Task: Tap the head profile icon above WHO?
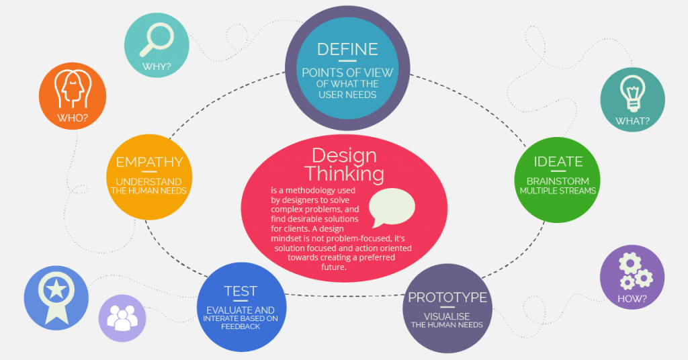(72, 88)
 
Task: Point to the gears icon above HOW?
(633, 270)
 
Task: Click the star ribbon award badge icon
(56, 296)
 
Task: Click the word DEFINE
(347, 49)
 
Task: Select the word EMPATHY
(149, 162)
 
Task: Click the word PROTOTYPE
(447, 298)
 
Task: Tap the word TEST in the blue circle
(241, 291)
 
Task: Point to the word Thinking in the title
(344, 173)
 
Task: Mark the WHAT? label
(632, 122)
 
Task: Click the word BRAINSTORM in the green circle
(558, 181)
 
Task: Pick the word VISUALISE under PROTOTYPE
(447, 316)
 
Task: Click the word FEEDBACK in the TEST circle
(241, 326)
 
